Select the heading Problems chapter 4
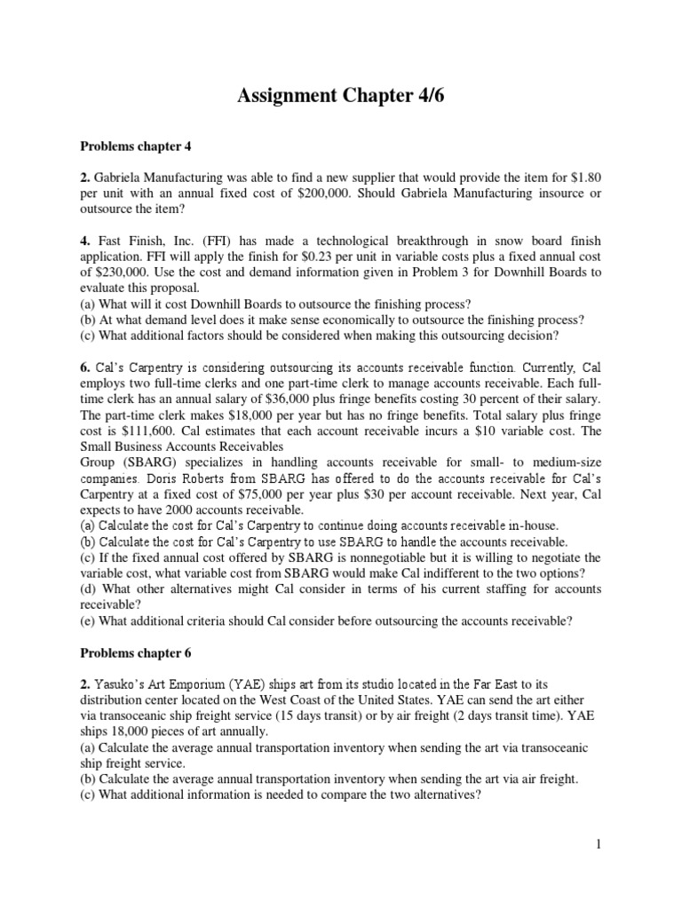[x=138, y=146]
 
